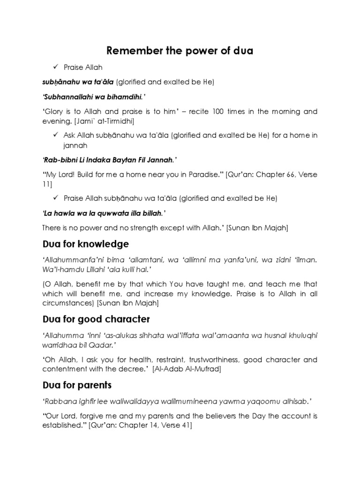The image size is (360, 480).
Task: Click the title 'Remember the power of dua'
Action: pyautogui.click(x=180, y=51)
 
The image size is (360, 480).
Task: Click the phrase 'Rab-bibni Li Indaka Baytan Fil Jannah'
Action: pyautogui.click(x=107, y=160)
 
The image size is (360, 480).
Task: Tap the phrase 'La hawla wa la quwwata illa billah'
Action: pyautogui.click(x=104, y=213)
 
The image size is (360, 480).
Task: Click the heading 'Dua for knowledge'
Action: pyautogui.click(x=85, y=244)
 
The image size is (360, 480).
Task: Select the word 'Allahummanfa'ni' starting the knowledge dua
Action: pyautogui.click(x=70, y=259)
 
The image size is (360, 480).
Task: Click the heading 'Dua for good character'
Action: pyautogui.click(x=96, y=319)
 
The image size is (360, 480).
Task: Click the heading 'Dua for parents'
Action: pyautogui.click(x=78, y=385)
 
